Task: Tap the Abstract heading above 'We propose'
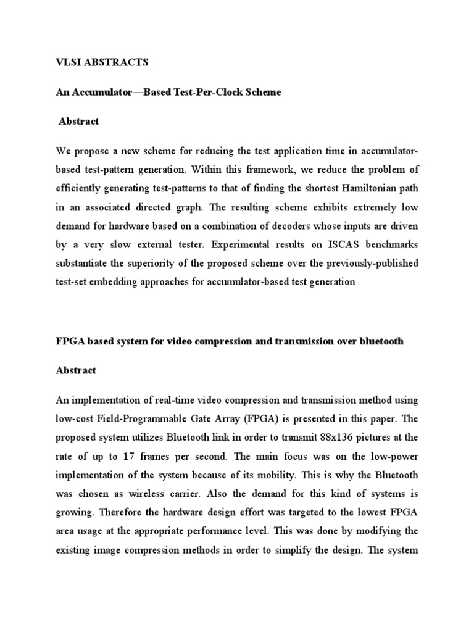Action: pyautogui.click(x=78, y=122)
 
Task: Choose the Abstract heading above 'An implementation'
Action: pyautogui.click(x=76, y=370)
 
